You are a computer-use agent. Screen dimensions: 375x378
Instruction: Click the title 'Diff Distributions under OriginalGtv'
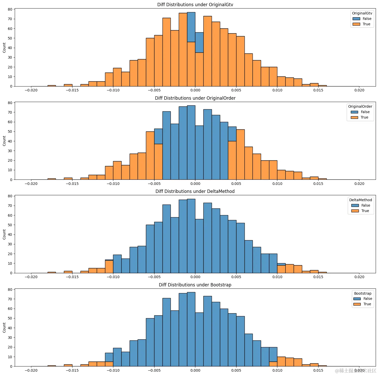tap(195, 5)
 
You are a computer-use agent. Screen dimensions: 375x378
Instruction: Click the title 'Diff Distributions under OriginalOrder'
tap(195, 98)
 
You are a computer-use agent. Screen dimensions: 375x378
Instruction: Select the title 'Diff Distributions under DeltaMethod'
tap(195, 191)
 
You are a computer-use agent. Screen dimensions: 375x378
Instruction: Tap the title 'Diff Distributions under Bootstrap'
tap(195, 285)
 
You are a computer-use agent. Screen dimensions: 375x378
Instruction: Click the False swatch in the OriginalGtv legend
tap(356, 19)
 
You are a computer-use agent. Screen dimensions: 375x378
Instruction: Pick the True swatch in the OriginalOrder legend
tap(354, 118)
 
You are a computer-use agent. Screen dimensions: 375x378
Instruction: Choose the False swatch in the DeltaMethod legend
tap(355, 206)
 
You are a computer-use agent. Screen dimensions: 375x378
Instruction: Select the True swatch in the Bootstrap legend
tap(357, 304)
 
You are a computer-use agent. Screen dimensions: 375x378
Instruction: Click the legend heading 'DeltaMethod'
tap(360, 200)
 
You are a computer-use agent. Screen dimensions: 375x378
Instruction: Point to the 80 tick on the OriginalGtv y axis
tap(10, 9)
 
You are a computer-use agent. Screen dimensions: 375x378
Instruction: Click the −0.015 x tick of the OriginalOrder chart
tap(72, 184)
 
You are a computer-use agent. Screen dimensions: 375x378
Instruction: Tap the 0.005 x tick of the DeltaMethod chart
tap(236, 277)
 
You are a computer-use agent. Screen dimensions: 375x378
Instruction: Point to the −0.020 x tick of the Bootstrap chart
tap(31, 370)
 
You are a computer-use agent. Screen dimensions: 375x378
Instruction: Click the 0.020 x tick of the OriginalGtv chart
tap(359, 90)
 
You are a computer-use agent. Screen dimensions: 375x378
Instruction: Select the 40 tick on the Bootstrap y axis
tap(10, 328)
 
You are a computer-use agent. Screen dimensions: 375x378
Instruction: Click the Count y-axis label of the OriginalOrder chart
tap(4, 141)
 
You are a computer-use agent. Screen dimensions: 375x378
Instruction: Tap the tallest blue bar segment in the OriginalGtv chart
tap(191, 27)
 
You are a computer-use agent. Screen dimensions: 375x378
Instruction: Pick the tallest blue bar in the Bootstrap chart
tap(191, 329)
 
